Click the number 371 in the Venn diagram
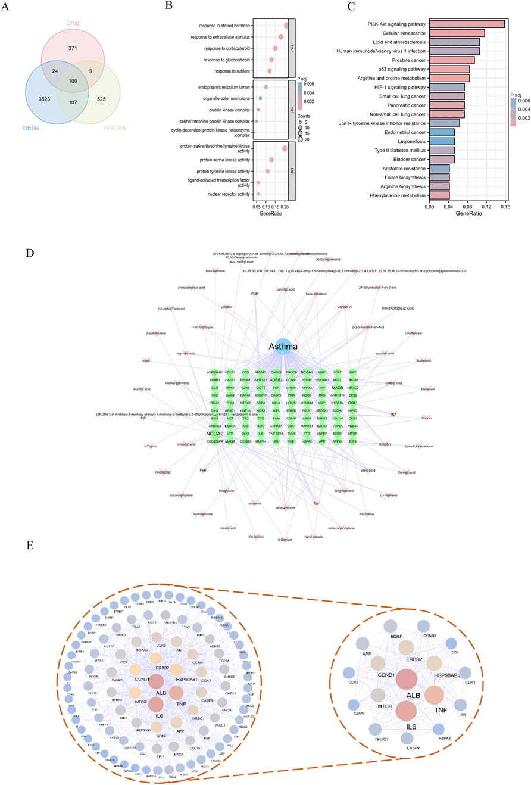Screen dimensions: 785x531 point(73,46)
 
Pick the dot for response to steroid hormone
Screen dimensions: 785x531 point(286,26)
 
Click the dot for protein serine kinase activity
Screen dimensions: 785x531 point(271,160)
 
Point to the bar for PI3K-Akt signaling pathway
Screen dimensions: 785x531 point(467,24)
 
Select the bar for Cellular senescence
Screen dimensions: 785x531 point(457,33)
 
